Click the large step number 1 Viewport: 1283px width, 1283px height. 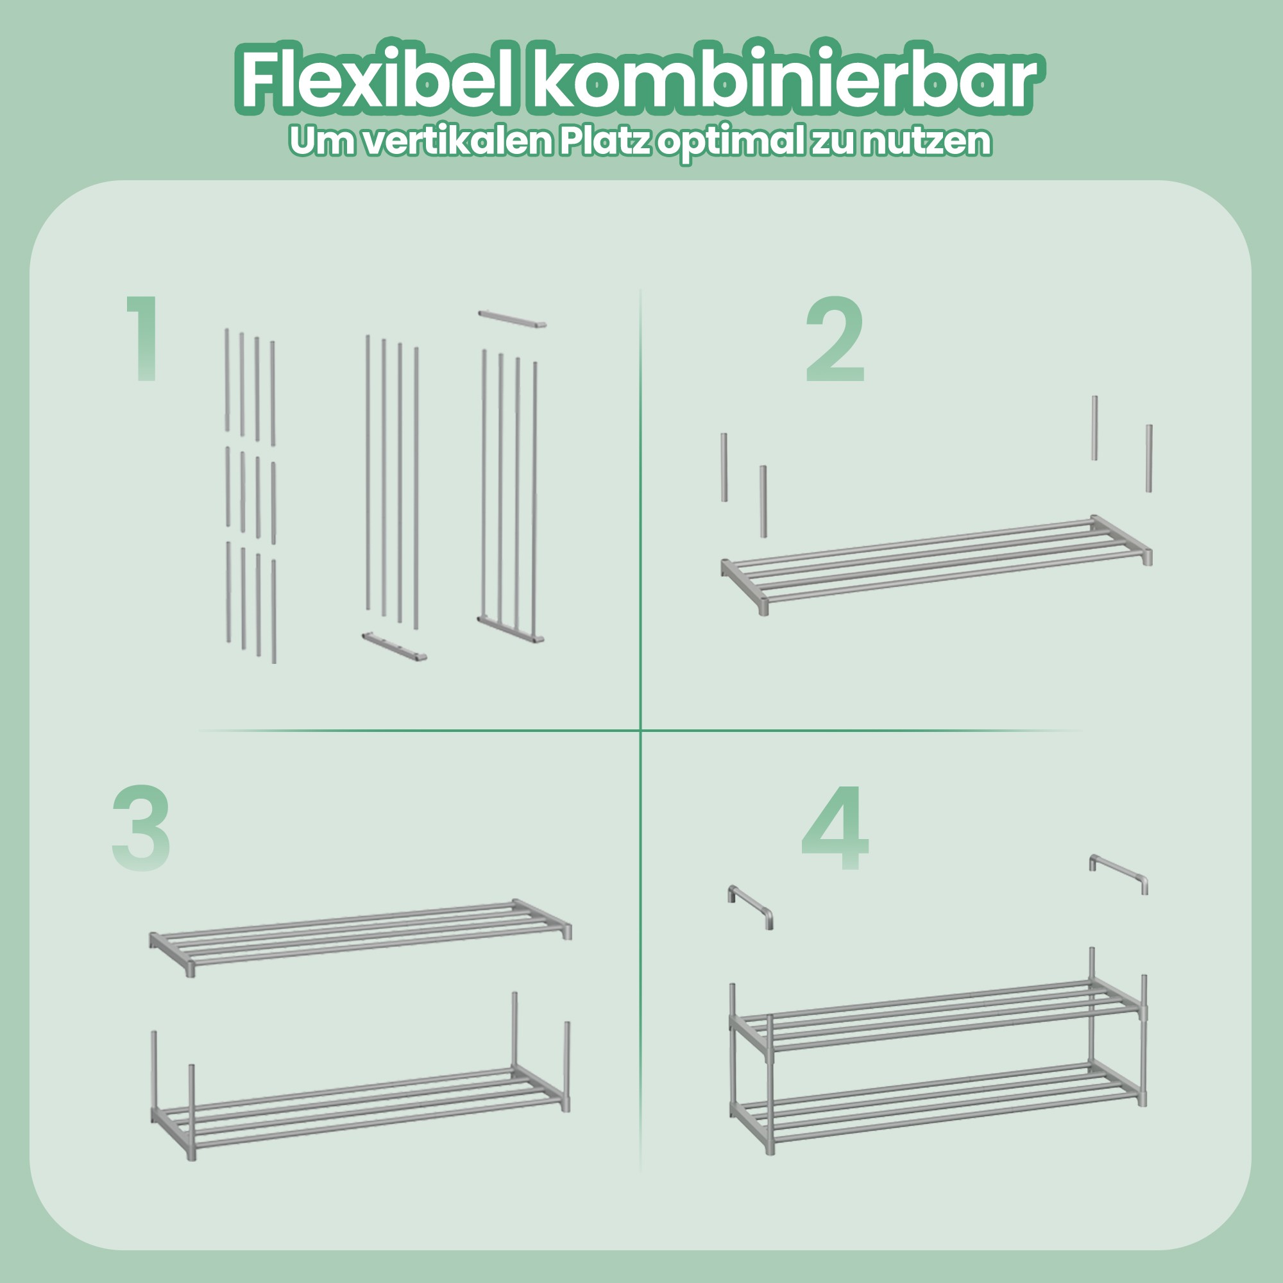click(144, 339)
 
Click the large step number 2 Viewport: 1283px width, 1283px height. click(835, 340)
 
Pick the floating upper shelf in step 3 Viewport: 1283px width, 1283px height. click(361, 937)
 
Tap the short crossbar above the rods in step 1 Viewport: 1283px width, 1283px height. click(512, 318)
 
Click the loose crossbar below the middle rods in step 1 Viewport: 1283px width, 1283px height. click(394, 647)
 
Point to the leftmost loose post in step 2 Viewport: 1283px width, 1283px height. click(724, 467)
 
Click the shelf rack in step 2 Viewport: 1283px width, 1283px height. click(937, 566)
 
